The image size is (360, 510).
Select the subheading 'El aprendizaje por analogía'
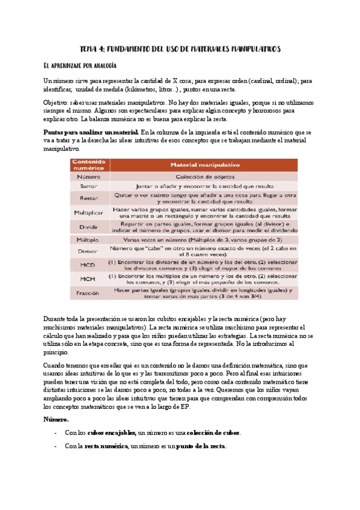[80, 65]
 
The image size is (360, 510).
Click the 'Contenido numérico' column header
[90, 165]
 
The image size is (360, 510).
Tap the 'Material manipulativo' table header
[205, 164]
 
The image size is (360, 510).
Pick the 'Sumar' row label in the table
[90, 186]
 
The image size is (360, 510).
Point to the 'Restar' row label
[90, 198]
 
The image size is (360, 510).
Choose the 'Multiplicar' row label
[90, 213]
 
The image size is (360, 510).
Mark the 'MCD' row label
[90, 265]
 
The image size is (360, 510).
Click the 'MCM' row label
[90, 279]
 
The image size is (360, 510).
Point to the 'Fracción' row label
[90, 293]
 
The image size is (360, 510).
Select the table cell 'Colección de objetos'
[205, 177]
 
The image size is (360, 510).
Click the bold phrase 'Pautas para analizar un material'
[91, 132]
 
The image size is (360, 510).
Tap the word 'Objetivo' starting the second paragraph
[56, 102]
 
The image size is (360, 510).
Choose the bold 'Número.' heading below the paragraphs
[57, 419]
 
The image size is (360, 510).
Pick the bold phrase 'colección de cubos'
[213, 433]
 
